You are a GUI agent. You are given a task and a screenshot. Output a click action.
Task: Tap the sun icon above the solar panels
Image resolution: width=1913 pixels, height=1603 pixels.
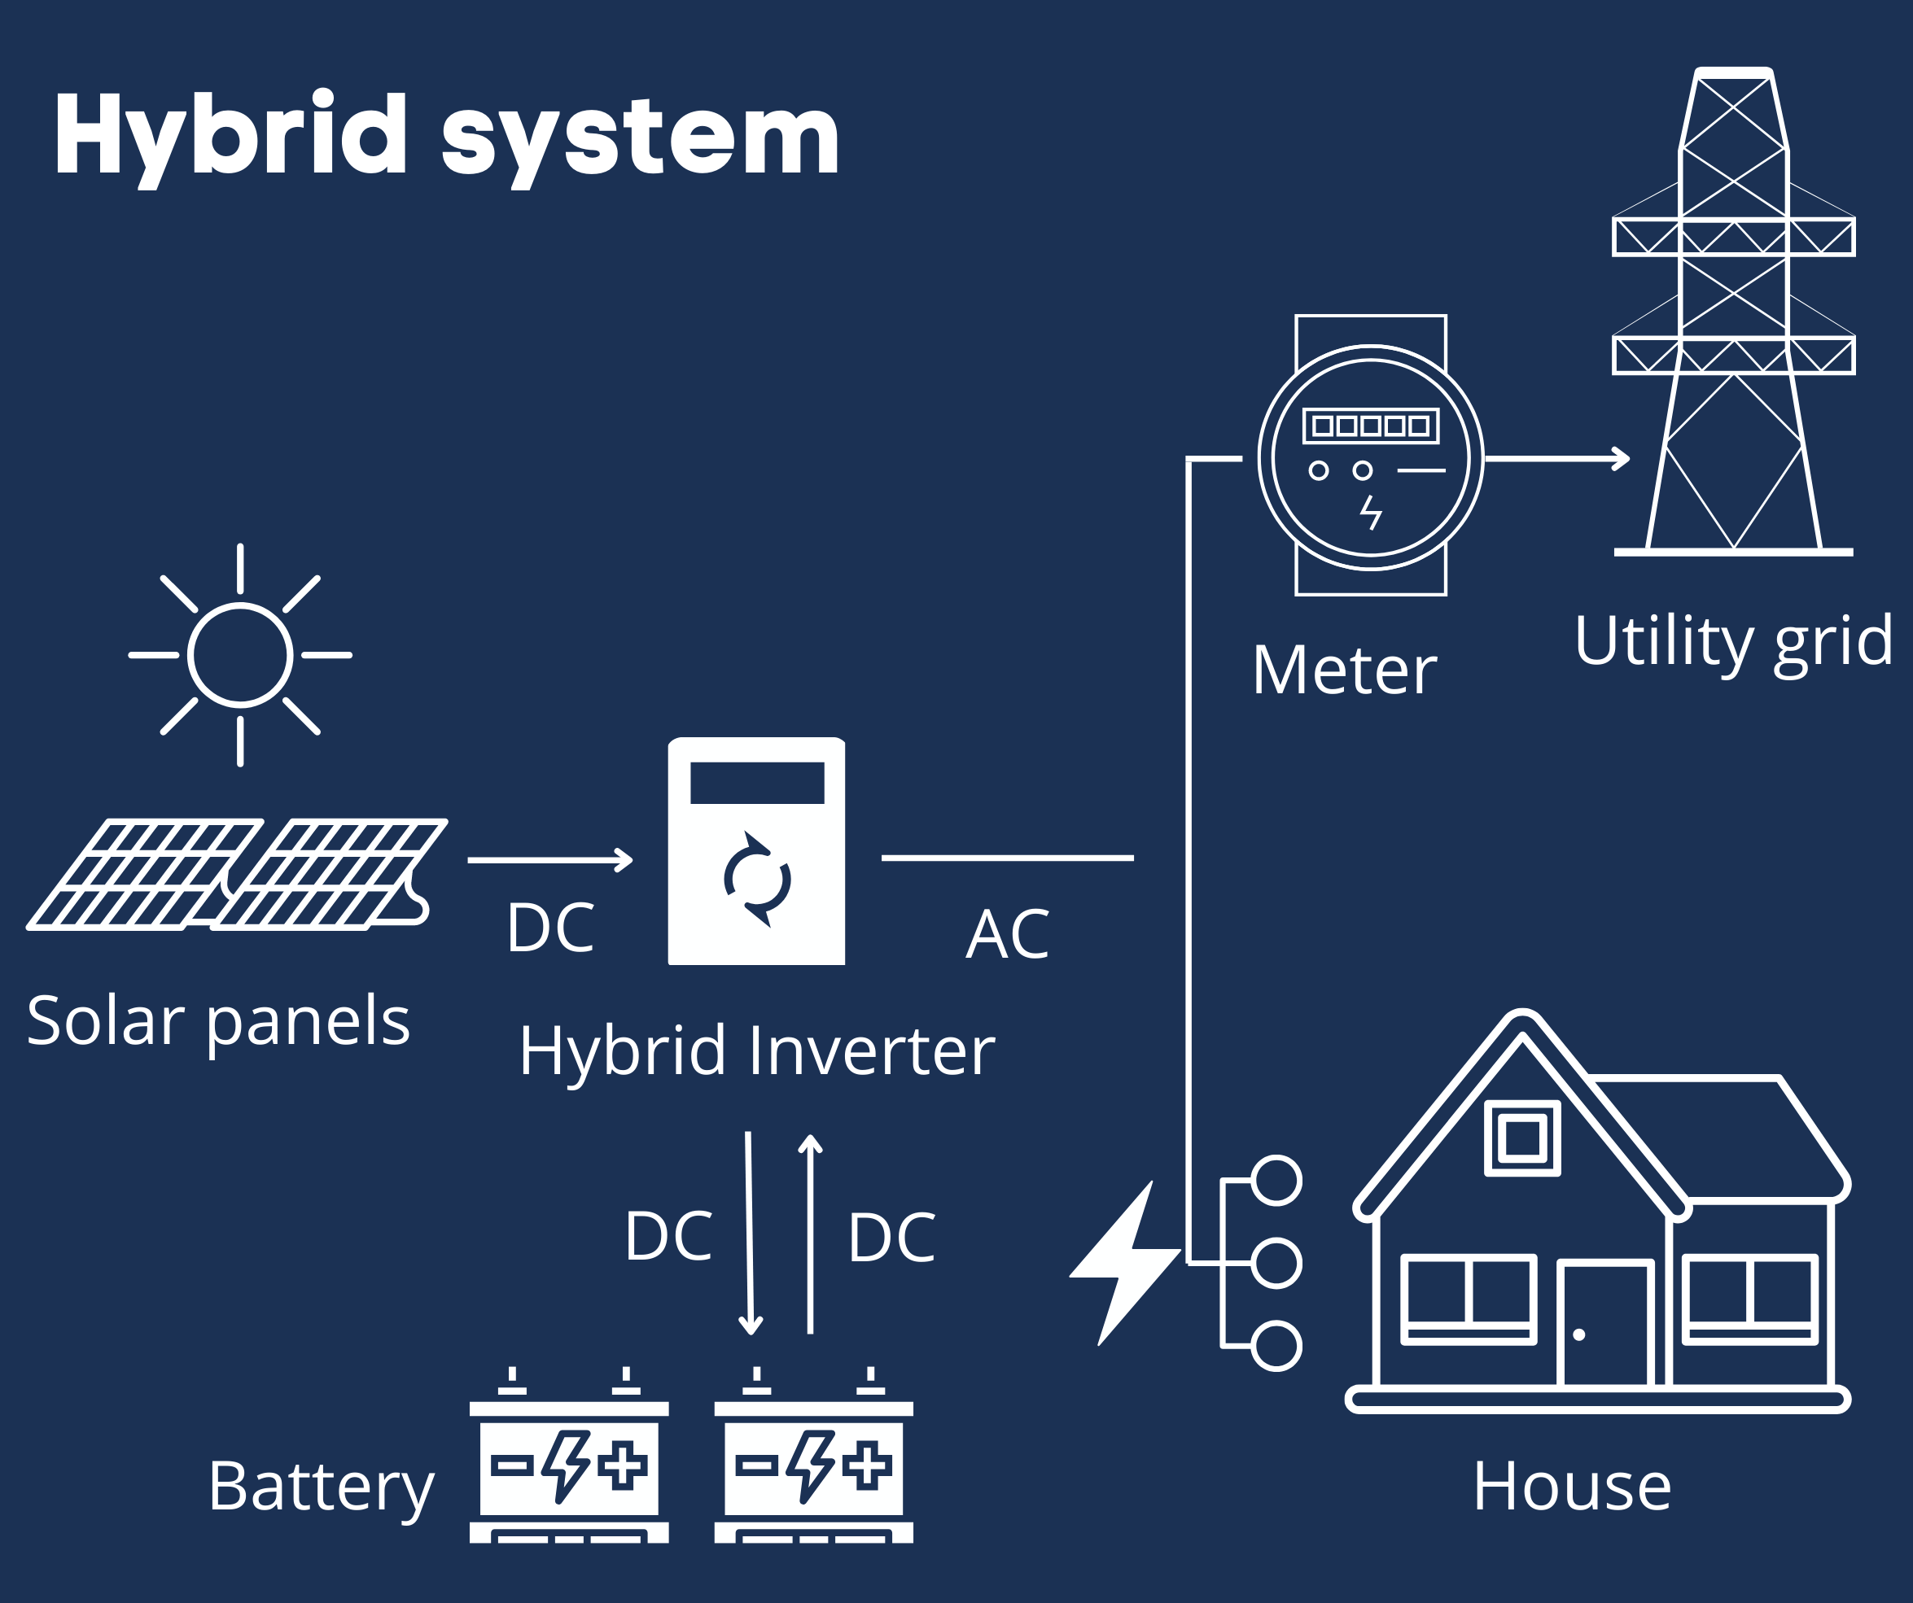[x=239, y=655]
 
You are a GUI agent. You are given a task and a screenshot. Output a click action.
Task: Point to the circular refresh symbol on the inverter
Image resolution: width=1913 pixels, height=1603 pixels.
[x=757, y=880]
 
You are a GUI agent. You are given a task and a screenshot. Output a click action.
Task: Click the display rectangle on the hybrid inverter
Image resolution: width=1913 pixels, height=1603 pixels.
[x=757, y=784]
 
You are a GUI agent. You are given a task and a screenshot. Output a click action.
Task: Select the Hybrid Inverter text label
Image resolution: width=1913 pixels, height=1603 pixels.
[x=756, y=1052]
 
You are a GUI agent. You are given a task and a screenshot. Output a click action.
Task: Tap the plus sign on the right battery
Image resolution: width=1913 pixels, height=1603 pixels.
[x=866, y=1465]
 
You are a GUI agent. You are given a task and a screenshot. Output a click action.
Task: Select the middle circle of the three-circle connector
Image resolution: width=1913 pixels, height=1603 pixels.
[x=1276, y=1263]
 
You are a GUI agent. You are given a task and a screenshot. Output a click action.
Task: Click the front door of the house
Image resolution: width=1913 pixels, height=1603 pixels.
[x=1604, y=1326]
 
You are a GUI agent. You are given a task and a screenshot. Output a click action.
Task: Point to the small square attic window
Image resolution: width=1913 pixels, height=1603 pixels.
[x=1522, y=1138]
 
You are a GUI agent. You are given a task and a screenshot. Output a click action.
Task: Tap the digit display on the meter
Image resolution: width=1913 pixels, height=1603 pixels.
[x=1371, y=426]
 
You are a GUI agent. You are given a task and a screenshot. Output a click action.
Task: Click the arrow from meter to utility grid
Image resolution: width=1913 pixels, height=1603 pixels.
[x=1558, y=459]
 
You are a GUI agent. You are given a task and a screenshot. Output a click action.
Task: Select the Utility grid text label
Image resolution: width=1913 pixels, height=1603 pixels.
[x=1732, y=641]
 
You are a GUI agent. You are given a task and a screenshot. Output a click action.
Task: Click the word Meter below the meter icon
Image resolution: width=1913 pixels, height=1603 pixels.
[x=1344, y=671]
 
